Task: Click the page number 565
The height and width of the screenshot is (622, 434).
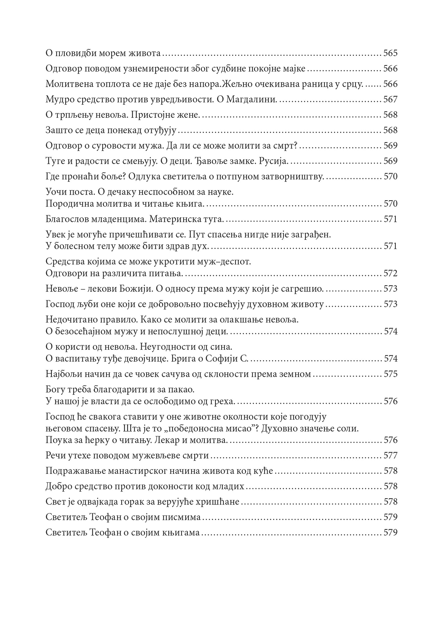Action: click(x=390, y=54)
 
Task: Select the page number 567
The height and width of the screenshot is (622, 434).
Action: click(x=390, y=100)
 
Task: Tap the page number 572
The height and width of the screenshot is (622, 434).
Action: click(x=390, y=273)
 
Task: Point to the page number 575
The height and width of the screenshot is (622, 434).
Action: click(x=390, y=374)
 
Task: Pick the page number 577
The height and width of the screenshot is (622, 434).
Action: click(x=390, y=456)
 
